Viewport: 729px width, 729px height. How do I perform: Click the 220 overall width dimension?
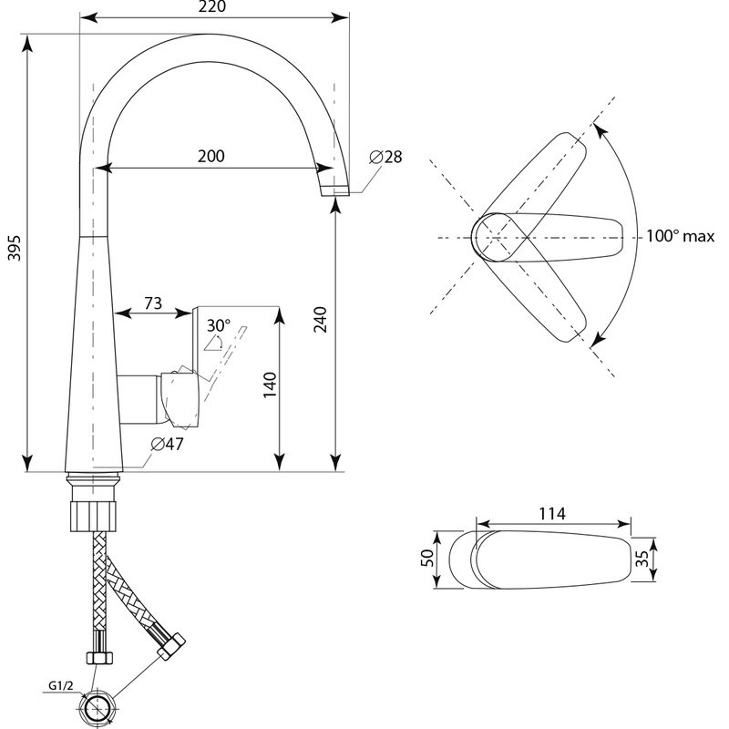(x=211, y=6)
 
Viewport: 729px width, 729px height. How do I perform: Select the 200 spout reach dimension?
(x=211, y=156)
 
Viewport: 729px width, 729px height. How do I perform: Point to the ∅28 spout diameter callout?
(x=385, y=157)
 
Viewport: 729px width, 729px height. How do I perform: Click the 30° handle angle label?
(x=218, y=324)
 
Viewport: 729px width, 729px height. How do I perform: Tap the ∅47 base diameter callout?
(x=168, y=444)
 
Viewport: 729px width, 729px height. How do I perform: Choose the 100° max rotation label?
(x=680, y=236)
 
